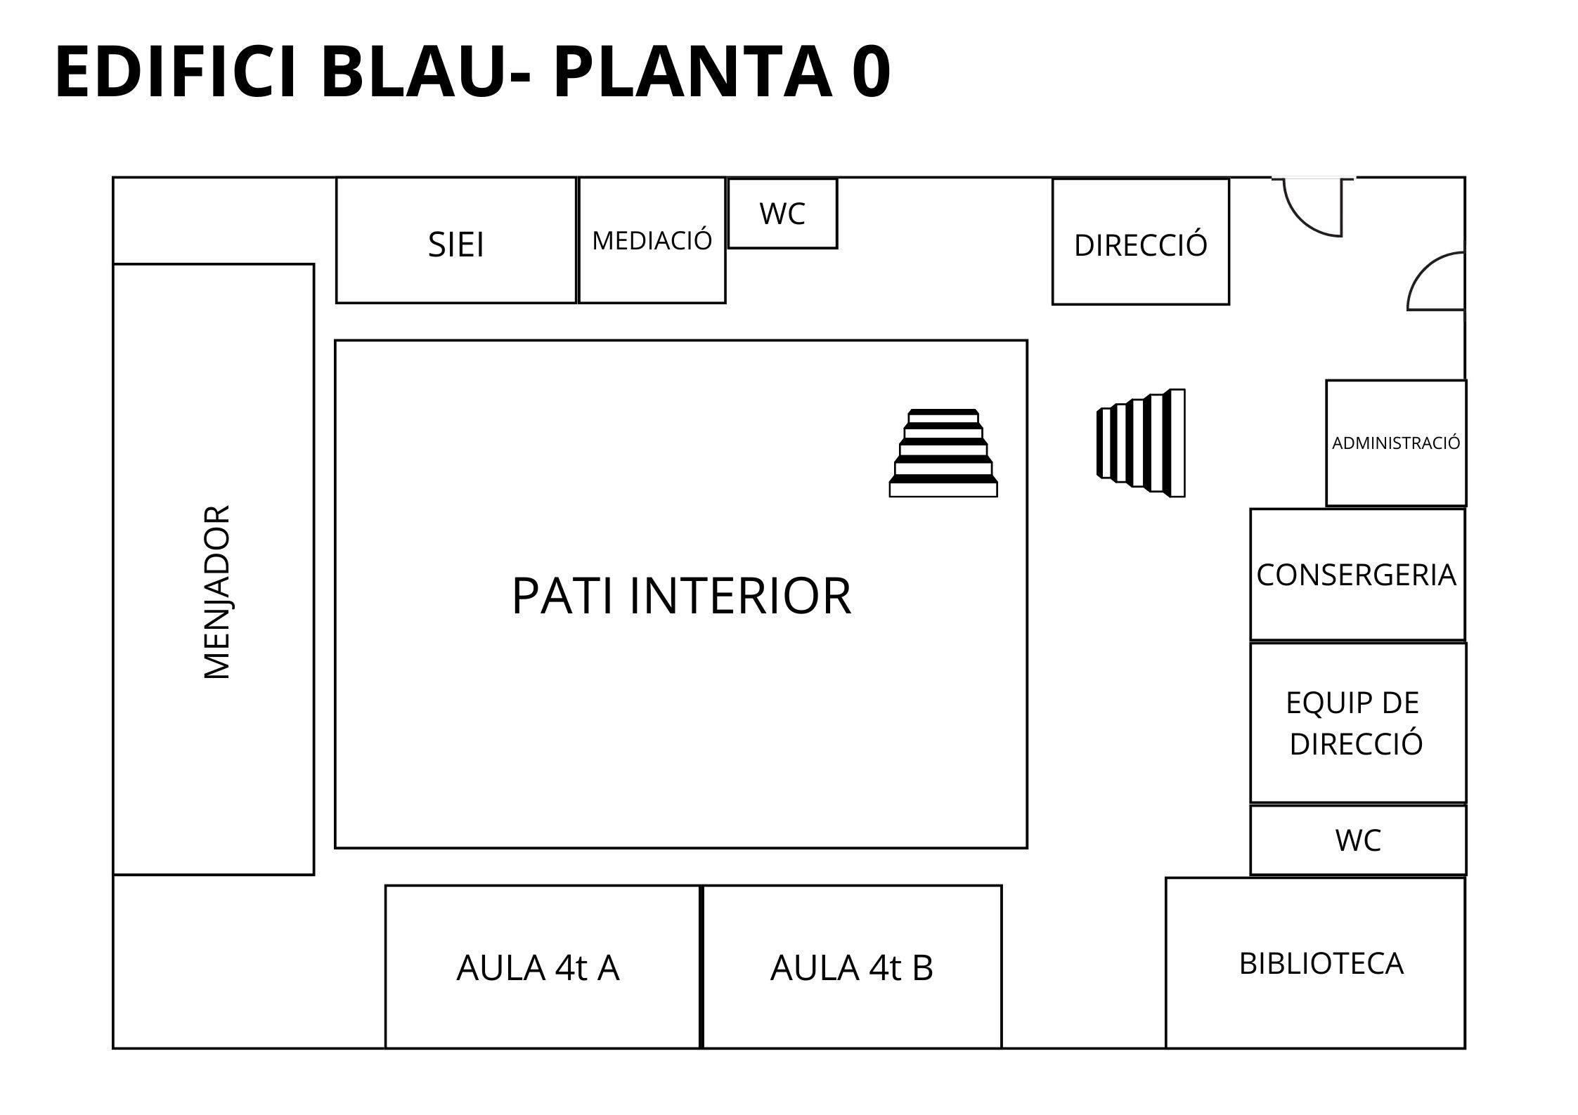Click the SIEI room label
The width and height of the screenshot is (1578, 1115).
pyautogui.click(x=455, y=245)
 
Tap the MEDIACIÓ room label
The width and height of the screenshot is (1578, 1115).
pyautogui.click(x=652, y=241)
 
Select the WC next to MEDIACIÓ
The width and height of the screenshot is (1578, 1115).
pyautogui.click(x=782, y=214)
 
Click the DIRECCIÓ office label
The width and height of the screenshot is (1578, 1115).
pyautogui.click(x=1140, y=245)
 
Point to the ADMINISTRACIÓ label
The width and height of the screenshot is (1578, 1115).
pyautogui.click(x=1395, y=443)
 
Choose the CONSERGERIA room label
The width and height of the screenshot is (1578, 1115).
pyautogui.click(x=1356, y=575)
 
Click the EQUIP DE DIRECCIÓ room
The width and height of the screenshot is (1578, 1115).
pyautogui.click(x=1356, y=723)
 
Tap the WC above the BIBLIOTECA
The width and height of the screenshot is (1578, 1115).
pyautogui.click(x=1358, y=840)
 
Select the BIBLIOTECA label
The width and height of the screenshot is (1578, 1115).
pyautogui.click(x=1321, y=964)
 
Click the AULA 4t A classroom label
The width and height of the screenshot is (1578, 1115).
pyautogui.click(x=538, y=968)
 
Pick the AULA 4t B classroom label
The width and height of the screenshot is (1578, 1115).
pyautogui.click(x=851, y=968)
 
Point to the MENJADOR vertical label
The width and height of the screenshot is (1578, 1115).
pyautogui.click(x=216, y=592)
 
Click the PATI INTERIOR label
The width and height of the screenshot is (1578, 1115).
pyautogui.click(x=680, y=596)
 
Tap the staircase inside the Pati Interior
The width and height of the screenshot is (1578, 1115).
pyautogui.click(x=943, y=453)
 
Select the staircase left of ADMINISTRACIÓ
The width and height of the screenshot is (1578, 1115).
pyautogui.click(x=1141, y=443)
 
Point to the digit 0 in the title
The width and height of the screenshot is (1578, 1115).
pyautogui.click(x=871, y=72)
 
